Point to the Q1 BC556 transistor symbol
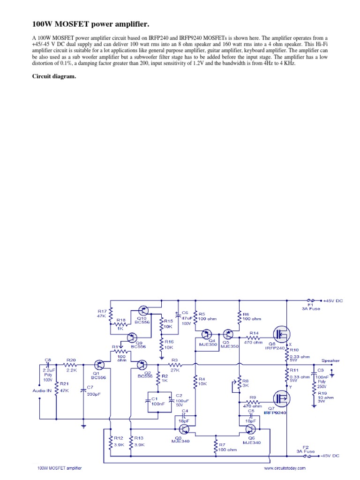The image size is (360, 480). [x=99, y=364]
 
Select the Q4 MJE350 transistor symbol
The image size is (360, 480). [x=206, y=334]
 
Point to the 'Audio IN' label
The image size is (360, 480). [x=42, y=390]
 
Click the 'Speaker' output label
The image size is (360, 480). [x=330, y=360]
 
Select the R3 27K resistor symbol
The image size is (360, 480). [x=174, y=364]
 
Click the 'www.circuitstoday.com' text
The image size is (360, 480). [x=285, y=468]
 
